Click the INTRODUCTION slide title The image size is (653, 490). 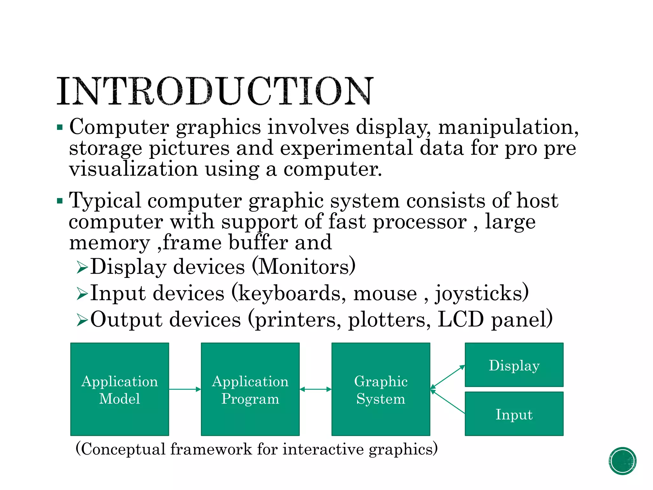pyautogui.click(x=215, y=91)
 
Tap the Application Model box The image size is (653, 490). pyautogui.click(x=120, y=389)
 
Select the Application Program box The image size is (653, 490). pyautogui.click(x=250, y=389)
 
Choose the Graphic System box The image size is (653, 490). pyautogui.click(x=381, y=389)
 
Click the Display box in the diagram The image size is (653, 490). pyautogui.click(x=514, y=365)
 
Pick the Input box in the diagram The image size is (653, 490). pyautogui.click(x=514, y=414)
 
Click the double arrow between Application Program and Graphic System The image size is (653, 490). pyautogui.click(x=316, y=389)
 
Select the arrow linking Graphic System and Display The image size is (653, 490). pyautogui.click(x=448, y=377)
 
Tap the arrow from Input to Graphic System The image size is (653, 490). pyautogui.click(x=448, y=401)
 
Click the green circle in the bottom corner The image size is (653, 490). pyautogui.click(x=622, y=461)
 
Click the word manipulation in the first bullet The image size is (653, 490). pyautogui.click(x=508, y=127)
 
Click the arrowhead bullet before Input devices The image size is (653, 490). pyautogui.click(x=82, y=293)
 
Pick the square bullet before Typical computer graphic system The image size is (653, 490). pyautogui.click(x=60, y=201)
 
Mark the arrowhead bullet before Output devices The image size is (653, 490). pyautogui.click(x=82, y=320)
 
